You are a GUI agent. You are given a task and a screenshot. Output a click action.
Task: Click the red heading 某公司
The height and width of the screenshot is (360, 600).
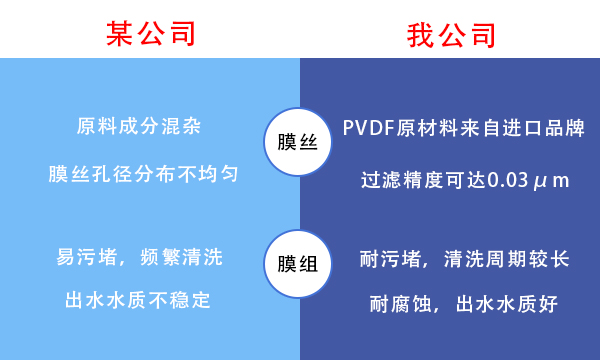coord(150,33)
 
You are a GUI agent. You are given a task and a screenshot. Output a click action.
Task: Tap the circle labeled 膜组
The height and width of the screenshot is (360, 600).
coord(299,264)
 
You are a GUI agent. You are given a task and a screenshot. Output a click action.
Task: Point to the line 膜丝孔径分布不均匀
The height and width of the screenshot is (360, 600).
coord(144,173)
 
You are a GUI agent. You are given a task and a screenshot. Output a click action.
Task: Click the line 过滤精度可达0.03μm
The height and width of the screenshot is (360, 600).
coord(465,181)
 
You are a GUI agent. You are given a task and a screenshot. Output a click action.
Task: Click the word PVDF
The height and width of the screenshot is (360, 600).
coord(369,128)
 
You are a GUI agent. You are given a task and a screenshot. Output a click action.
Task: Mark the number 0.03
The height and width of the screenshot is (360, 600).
coord(510,181)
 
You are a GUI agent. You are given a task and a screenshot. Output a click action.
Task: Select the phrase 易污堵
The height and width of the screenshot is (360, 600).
coord(87,257)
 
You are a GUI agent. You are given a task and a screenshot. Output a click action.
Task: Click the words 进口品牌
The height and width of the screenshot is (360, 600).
coord(546,128)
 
